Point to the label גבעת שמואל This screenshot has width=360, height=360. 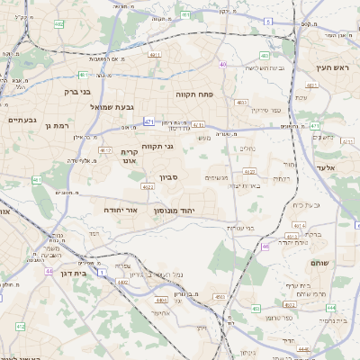tap(112, 107)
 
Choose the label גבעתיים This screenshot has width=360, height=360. tap(22, 120)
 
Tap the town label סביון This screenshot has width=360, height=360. tap(170, 177)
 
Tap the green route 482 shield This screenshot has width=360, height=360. tap(58, 24)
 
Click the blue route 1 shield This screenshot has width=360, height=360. tap(103, 272)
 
